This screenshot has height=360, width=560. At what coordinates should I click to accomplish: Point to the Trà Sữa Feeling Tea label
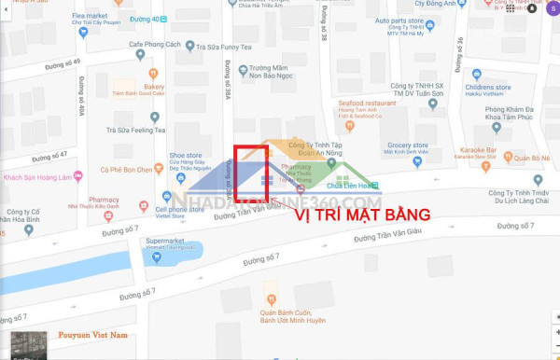(x=135, y=130)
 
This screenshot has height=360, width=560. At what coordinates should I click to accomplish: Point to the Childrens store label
(x=487, y=87)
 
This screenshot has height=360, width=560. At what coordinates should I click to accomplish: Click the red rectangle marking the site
(x=251, y=173)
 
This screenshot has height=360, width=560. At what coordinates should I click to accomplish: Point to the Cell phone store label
(x=180, y=209)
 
